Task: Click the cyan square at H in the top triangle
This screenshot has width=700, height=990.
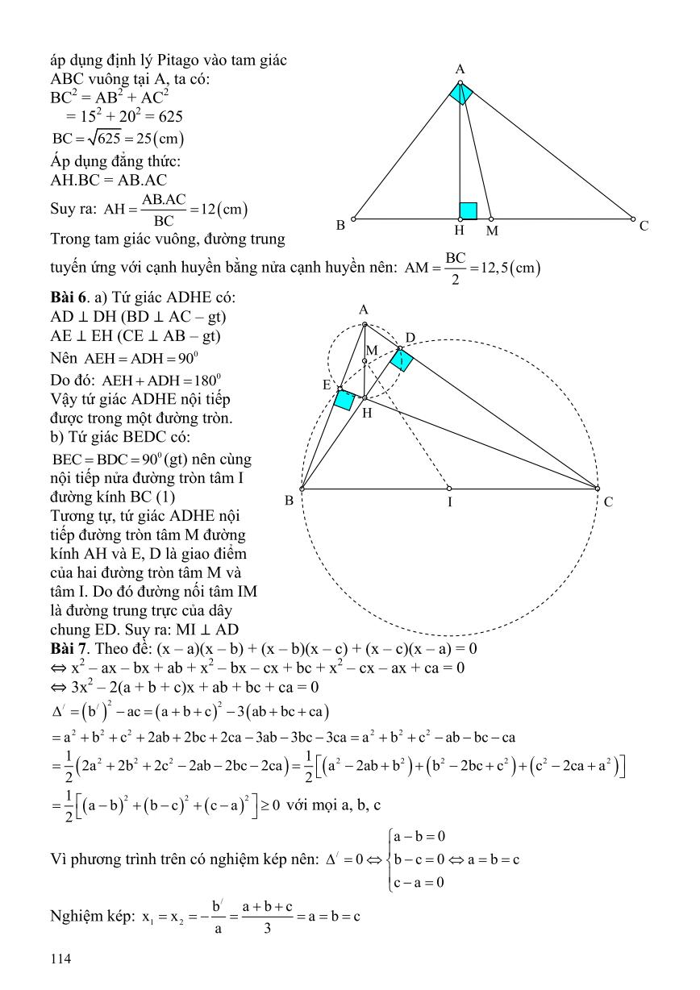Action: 468,210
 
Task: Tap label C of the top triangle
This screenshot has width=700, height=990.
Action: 644,227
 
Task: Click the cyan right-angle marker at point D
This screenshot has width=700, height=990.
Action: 401,360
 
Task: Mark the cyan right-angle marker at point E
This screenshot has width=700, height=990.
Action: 345,399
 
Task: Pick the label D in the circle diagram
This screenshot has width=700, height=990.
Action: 410,337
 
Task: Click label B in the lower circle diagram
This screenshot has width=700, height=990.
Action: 289,501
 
